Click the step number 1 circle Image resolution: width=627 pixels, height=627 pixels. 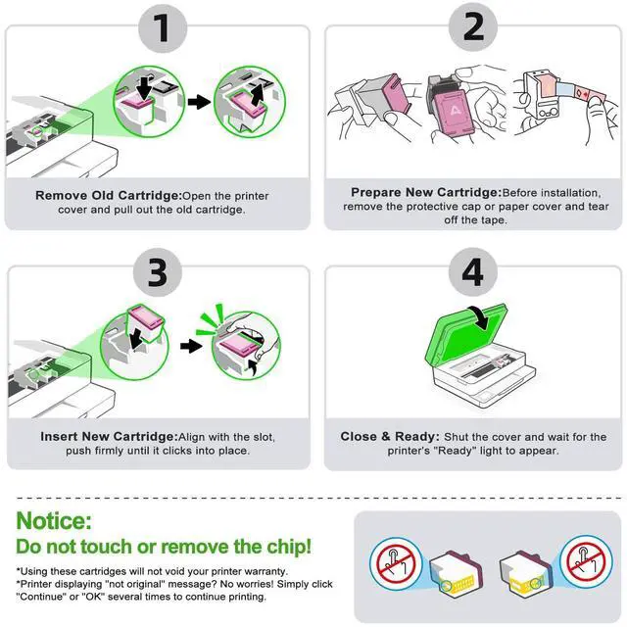[163, 28]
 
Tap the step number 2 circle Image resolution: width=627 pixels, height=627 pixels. [473, 27]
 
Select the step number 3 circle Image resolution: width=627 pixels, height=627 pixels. [158, 272]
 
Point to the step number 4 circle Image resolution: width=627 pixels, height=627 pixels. [473, 272]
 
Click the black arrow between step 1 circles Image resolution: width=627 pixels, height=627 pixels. [199, 102]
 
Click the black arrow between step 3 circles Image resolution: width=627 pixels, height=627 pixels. [191, 346]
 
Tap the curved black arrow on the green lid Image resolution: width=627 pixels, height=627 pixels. [480, 317]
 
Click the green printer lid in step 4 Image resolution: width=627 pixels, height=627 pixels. [466, 334]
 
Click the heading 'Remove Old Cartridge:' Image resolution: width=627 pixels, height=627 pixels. [109, 196]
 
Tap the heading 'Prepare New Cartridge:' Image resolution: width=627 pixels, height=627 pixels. [426, 192]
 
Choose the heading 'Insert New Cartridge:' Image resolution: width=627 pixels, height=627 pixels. [109, 436]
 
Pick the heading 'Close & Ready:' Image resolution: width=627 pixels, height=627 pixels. [390, 436]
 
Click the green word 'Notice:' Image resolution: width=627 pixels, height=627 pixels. [54, 520]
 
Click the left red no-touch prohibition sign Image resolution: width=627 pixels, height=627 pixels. [396, 563]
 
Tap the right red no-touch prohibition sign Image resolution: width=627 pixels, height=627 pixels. [586, 560]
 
